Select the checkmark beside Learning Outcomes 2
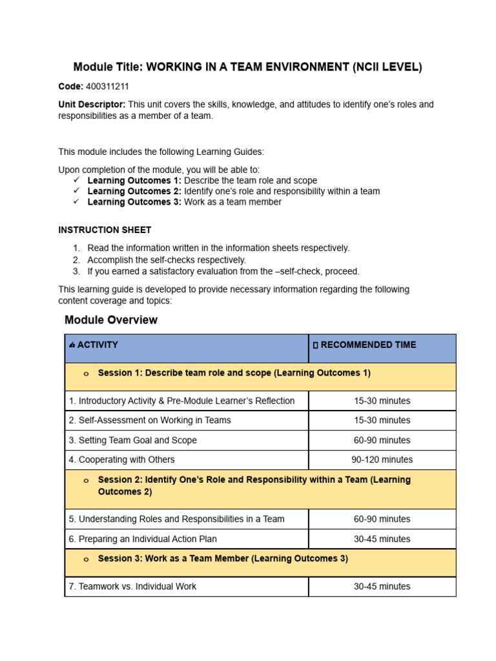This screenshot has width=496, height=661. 76,191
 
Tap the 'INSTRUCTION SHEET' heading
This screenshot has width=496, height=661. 105,230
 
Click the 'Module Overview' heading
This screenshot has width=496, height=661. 111,320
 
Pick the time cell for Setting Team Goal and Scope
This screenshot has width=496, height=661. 382,440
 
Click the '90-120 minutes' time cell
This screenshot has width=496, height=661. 382,460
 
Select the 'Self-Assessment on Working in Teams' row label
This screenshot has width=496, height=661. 150,420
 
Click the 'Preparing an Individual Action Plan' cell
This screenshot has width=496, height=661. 143,539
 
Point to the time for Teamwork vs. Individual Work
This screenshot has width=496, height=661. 382,587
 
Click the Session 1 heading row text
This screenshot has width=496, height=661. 234,373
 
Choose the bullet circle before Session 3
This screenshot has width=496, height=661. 86,560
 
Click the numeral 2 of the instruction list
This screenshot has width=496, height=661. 76,259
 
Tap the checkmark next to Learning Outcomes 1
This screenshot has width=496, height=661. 76,180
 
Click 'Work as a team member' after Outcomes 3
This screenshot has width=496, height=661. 232,202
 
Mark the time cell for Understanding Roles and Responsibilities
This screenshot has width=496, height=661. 382,519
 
